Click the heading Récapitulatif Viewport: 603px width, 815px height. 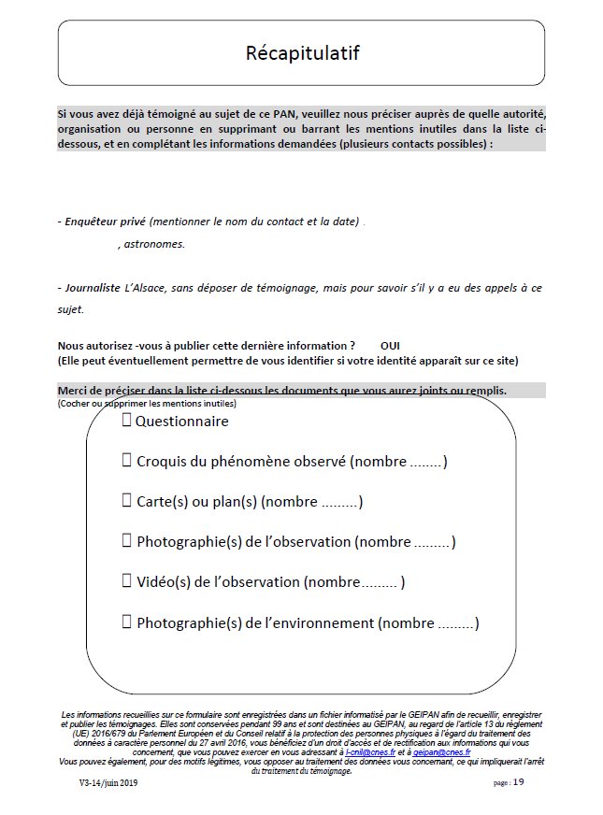pyautogui.click(x=301, y=52)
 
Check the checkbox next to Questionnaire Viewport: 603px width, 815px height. pyautogui.click(x=126, y=421)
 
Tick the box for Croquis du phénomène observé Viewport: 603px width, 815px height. pyautogui.click(x=126, y=460)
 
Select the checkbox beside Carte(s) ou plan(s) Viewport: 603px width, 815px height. pyautogui.click(x=126, y=500)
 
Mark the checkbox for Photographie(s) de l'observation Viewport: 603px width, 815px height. pyautogui.click(x=126, y=540)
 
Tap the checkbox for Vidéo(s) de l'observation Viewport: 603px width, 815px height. pyautogui.click(x=126, y=580)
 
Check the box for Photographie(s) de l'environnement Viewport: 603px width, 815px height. pyautogui.click(x=126, y=621)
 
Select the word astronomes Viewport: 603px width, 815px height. pyautogui.click(x=154, y=244)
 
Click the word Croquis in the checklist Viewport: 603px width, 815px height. pyautogui.click(x=162, y=461)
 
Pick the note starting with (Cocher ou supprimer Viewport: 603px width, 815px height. pyautogui.click(x=147, y=403)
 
